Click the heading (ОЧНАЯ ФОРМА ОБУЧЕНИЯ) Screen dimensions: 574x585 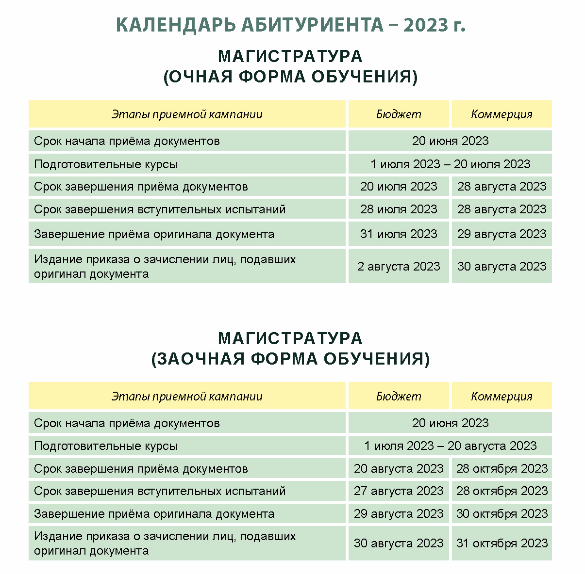[x=290, y=77]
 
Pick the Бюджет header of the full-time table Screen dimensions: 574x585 [x=399, y=114]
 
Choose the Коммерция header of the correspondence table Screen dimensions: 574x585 [x=501, y=397]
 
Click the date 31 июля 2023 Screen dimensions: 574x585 [x=399, y=234]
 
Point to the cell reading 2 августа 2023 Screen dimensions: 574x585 [x=399, y=266]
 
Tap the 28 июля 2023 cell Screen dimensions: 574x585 [x=399, y=209]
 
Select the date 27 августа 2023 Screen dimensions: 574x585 [x=399, y=491]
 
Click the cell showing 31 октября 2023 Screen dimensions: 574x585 [x=501, y=543]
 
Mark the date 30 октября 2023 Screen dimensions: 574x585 [x=501, y=514]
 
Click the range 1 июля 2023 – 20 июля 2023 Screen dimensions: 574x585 [x=450, y=164]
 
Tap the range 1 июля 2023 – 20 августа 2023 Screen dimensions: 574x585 [x=450, y=446]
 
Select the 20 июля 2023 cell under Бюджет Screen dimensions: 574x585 [x=399, y=187]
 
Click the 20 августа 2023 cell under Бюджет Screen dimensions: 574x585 [x=399, y=469]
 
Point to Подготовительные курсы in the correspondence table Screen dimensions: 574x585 [x=106, y=446]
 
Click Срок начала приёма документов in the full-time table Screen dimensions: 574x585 [x=127, y=142]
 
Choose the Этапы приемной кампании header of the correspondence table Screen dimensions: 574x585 [x=187, y=397]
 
